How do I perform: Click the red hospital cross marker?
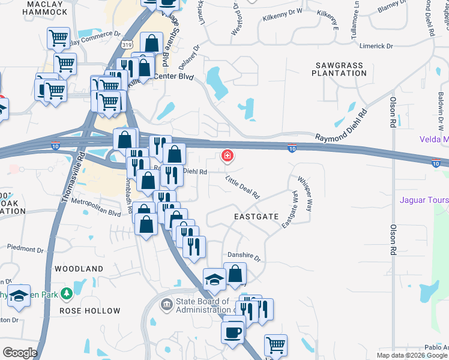pos(228,157)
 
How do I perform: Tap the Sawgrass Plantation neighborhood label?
pos(339,68)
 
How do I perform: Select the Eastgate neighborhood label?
pos(256,215)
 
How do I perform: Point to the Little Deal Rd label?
pos(243,187)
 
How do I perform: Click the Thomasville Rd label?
pos(74,180)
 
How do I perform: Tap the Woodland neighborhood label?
pos(79,269)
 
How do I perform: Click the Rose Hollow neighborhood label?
pos(89,311)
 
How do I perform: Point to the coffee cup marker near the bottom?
pos(232,332)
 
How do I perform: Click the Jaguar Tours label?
pos(424,200)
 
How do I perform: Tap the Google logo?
pos(20,353)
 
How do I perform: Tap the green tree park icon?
pos(67,293)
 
